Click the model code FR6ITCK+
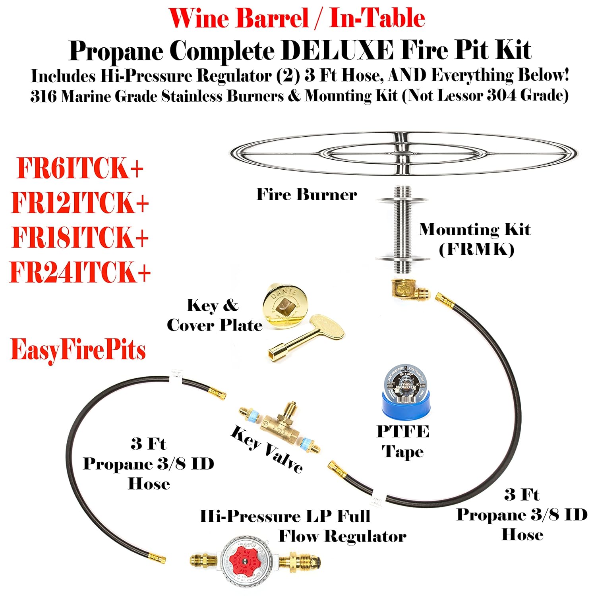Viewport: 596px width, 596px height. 80,168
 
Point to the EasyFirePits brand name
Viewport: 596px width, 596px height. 78,350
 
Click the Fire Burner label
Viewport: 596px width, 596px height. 306,195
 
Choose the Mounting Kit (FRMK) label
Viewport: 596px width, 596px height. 475,239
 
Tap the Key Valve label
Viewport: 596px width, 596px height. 267,449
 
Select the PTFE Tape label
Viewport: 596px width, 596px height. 403,441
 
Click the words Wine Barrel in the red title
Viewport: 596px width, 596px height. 238,18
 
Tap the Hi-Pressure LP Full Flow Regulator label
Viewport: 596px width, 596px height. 303,526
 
